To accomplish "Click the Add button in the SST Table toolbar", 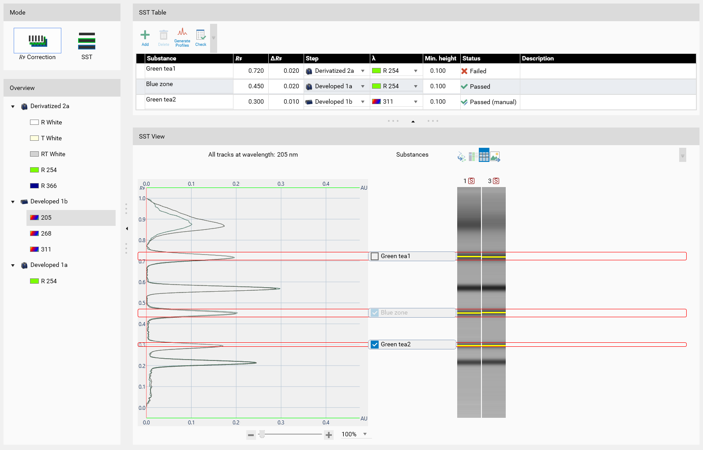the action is (x=145, y=38).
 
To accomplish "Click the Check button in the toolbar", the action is (x=200, y=38).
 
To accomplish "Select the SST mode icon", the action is (x=86, y=45).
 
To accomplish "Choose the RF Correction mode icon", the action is (x=38, y=44).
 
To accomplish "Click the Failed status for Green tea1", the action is (x=474, y=71).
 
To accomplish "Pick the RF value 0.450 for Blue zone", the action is (x=256, y=86).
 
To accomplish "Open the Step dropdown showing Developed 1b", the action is (x=362, y=101).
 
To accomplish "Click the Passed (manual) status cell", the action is (x=489, y=102).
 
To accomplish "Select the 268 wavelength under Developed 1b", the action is (x=46, y=233).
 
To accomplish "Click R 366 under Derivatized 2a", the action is (x=49, y=186).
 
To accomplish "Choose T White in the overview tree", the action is (x=51, y=138).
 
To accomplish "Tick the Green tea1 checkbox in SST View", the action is (x=374, y=256).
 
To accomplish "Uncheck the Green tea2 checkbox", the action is (x=374, y=345).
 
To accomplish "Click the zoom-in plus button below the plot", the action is (x=329, y=435).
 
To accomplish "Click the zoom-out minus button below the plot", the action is (x=251, y=435).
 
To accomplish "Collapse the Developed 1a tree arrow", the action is (x=13, y=265).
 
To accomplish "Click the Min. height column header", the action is (x=440, y=58).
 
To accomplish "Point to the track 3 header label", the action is (x=493, y=181).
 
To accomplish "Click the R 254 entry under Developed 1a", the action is (x=49, y=281).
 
